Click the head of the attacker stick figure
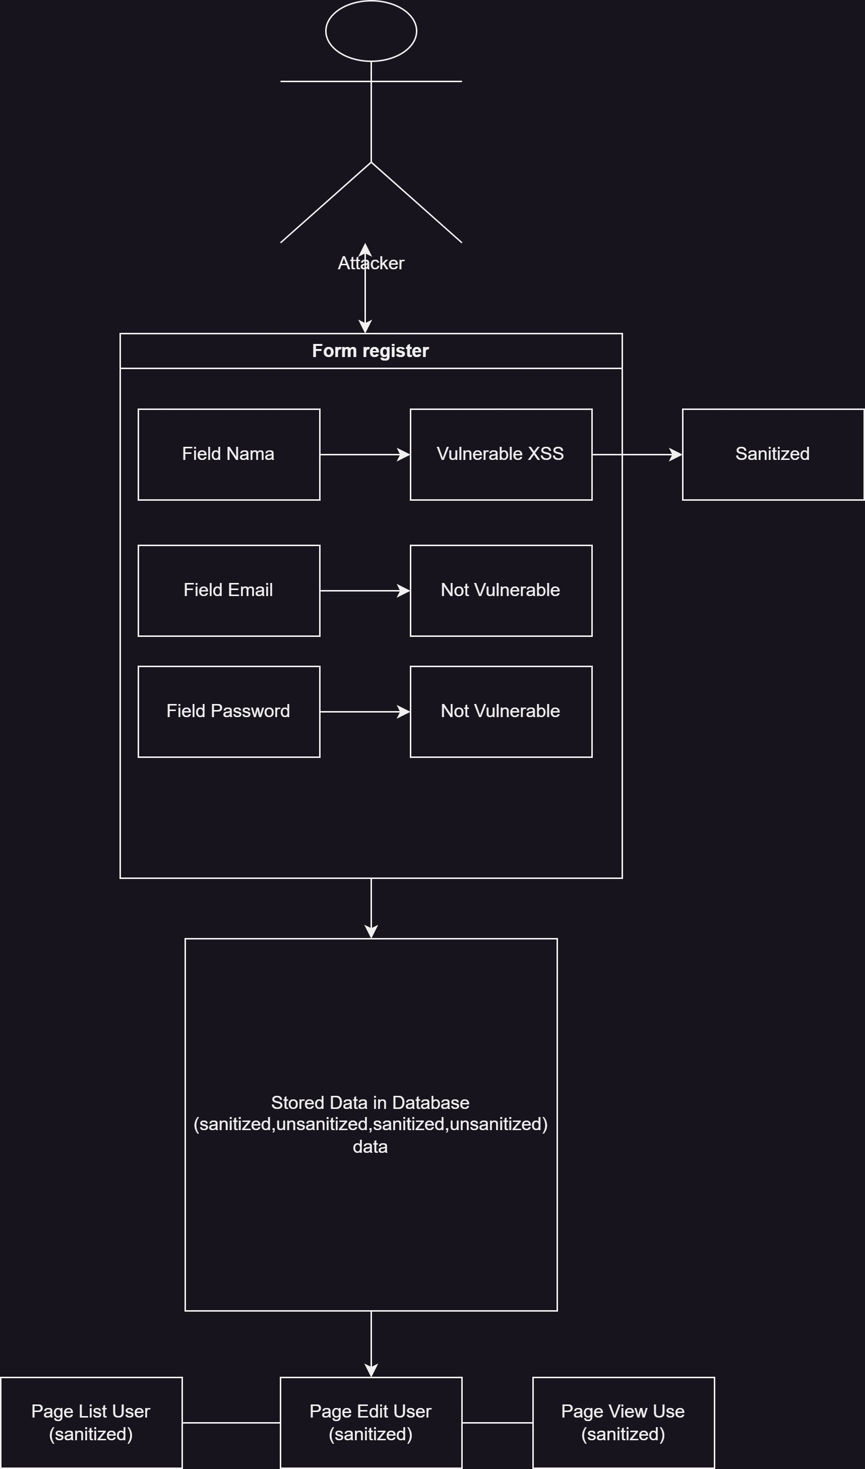(x=370, y=31)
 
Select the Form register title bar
(x=370, y=351)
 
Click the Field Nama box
(x=228, y=454)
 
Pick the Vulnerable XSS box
(x=501, y=454)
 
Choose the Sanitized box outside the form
(x=772, y=454)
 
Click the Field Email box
(x=228, y=591)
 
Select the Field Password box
(x=228, y=711)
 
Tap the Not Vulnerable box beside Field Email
(x=501, y=591)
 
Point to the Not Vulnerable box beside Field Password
(x=501, y=711)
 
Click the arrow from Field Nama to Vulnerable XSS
(x=364, y=454)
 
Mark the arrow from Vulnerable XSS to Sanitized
(x=637, y=454)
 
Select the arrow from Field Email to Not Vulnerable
(x=364, y=591)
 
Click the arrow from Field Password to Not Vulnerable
(x=364, y=711)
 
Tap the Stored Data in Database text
(x=370, y=1124)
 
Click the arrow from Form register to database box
(x=370, y=908)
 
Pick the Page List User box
(x=91, y=1423)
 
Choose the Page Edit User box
(x=370, y=1423)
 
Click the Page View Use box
(x=623, y=1423)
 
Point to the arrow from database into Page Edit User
(x=370, y=1343)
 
